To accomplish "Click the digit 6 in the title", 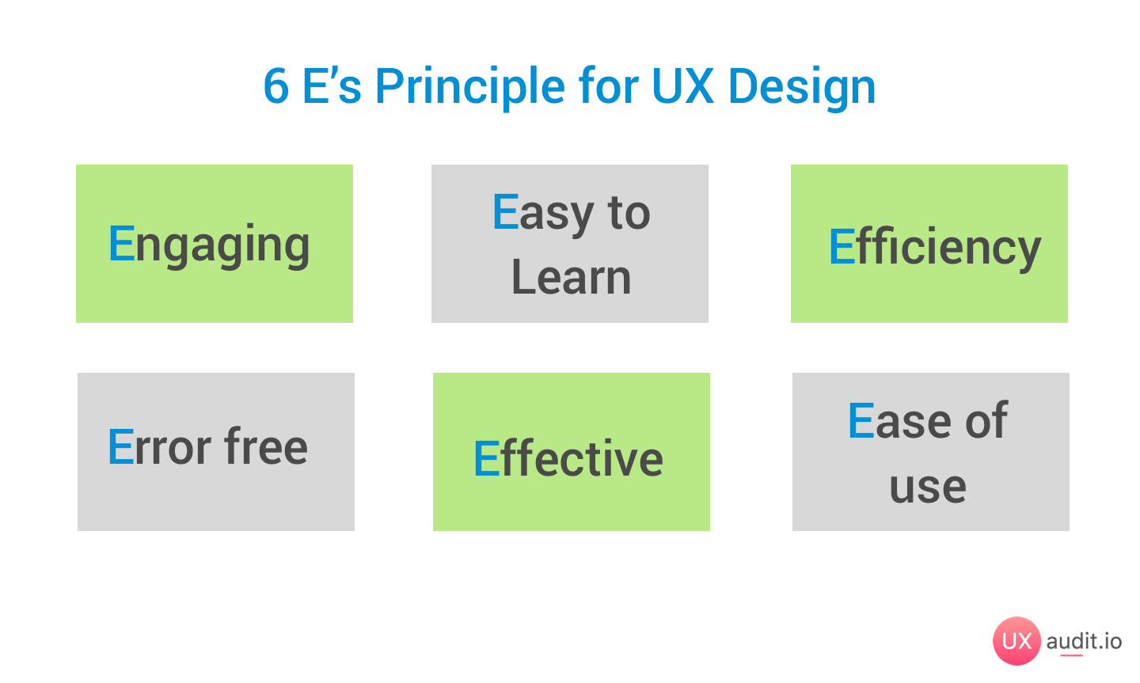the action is pyautogui.click(x=275, y=86).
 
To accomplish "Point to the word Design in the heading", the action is pyautogui.click(x=801, y=86).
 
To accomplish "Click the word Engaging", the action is pyautogui.click(x=209, y=245).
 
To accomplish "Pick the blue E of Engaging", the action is pyautogui.click(x=121, y=243).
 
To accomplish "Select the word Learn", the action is pyautogui.click(x=571, y=278).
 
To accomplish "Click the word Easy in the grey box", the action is pyautogui.click(x=543, y=213).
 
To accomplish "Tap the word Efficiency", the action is pyautogui.click(x=934, y=247).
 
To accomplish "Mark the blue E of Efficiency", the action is pyautogui.click(x=841, y=247).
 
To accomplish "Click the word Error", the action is pyautogui.click(x=159, y=447).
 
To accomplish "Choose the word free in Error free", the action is pyautogui.click(x=266, y=447).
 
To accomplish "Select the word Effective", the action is pyautogui.click(x=568, y=459).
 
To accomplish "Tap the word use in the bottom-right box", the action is pyautogui.click(x=928, y=486).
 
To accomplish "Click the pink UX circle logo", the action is pyautogui.click(x=1016, y=640).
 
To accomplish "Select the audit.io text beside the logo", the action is pyautogui.click(x=1084, y=641).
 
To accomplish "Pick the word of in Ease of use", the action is pyautogui.click(x=986, y=420).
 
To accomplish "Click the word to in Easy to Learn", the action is pyautogui.click(x=629, y=213).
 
